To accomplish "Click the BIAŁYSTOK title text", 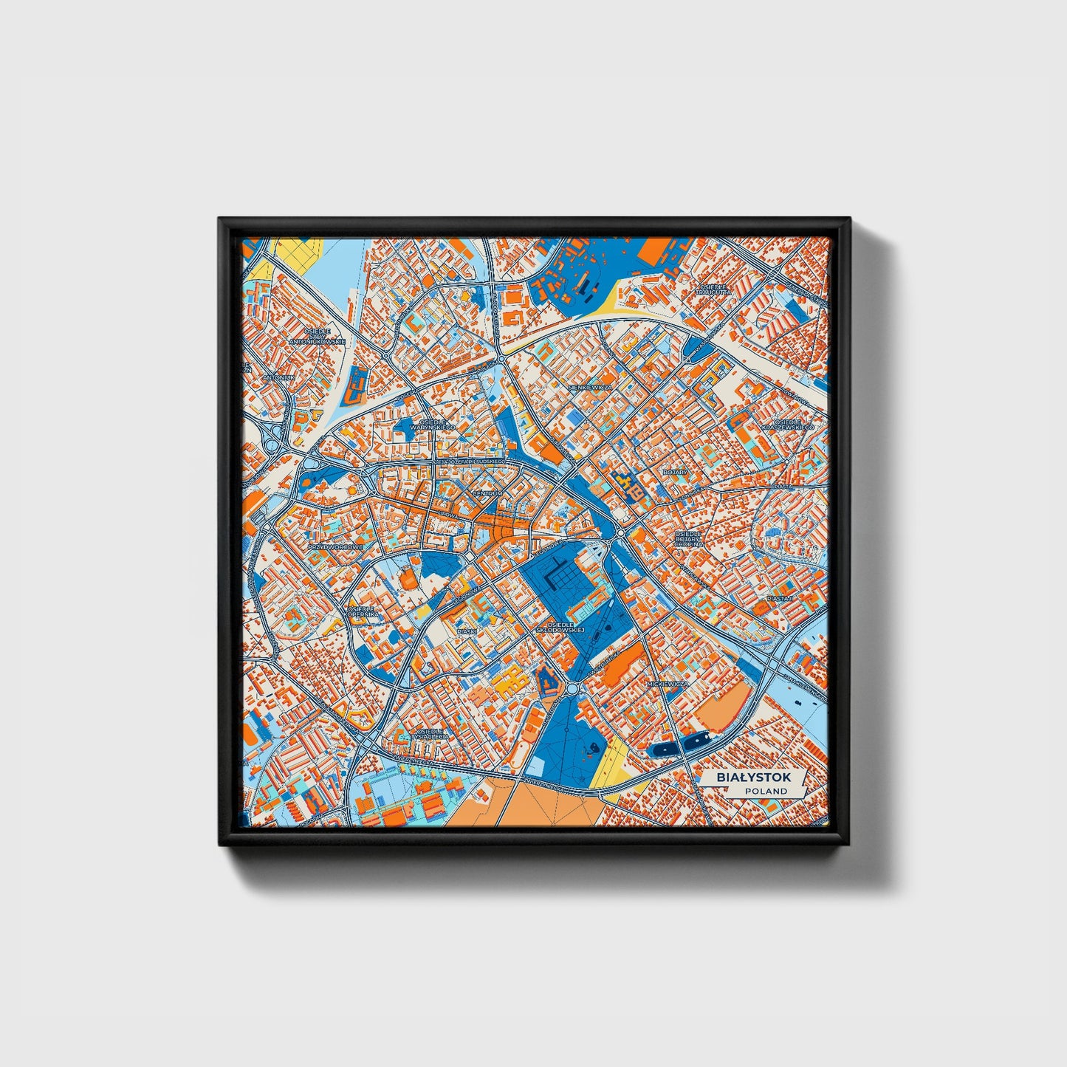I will click(x=753, y=777).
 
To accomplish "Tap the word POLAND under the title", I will click(x=766, y=791).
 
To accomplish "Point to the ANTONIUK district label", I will click(x=278, y=377).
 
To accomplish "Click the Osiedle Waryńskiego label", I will click(x=433, y=423).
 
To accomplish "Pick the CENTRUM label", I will click(x=487, y=493).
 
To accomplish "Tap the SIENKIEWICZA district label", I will click(x=590, y=386).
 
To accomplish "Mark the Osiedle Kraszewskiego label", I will click(x=788, y=424).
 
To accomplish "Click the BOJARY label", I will click(x=675, y=472).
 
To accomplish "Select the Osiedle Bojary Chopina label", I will click(x=688, y=538).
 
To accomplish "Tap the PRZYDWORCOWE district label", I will click(x=336, y=547).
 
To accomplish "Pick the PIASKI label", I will click(x=467, y=631).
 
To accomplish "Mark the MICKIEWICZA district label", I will click(x=667, y=685).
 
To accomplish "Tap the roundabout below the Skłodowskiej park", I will click(x=572, y=688).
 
